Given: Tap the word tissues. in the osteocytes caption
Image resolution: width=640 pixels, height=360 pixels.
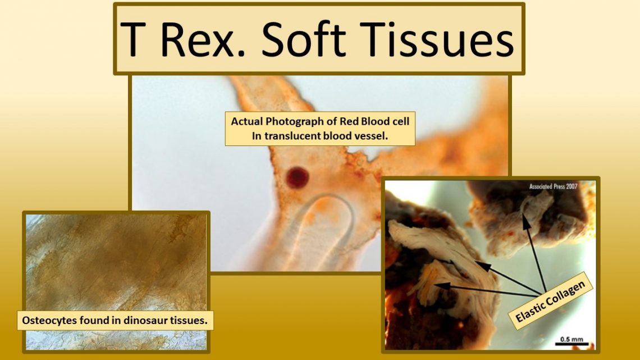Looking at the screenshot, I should [190, 321].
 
